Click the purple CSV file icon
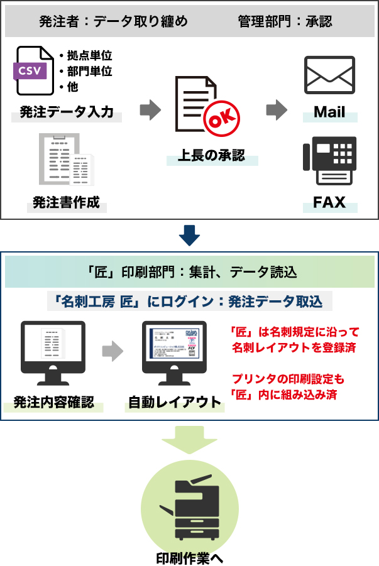[x=33, y=70]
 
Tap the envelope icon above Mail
[x=329, y=76]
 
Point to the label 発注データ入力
[x=67, y=112]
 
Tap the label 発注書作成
[x=66, y=203]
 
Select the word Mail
[x=329, y=112]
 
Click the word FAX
[x=329, y=203]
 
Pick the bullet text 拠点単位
[x=89, y=56]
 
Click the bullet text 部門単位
[x=89, y=71]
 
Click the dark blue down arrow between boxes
[x=189, y=235]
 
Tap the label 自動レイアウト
[x=175, y=402]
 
